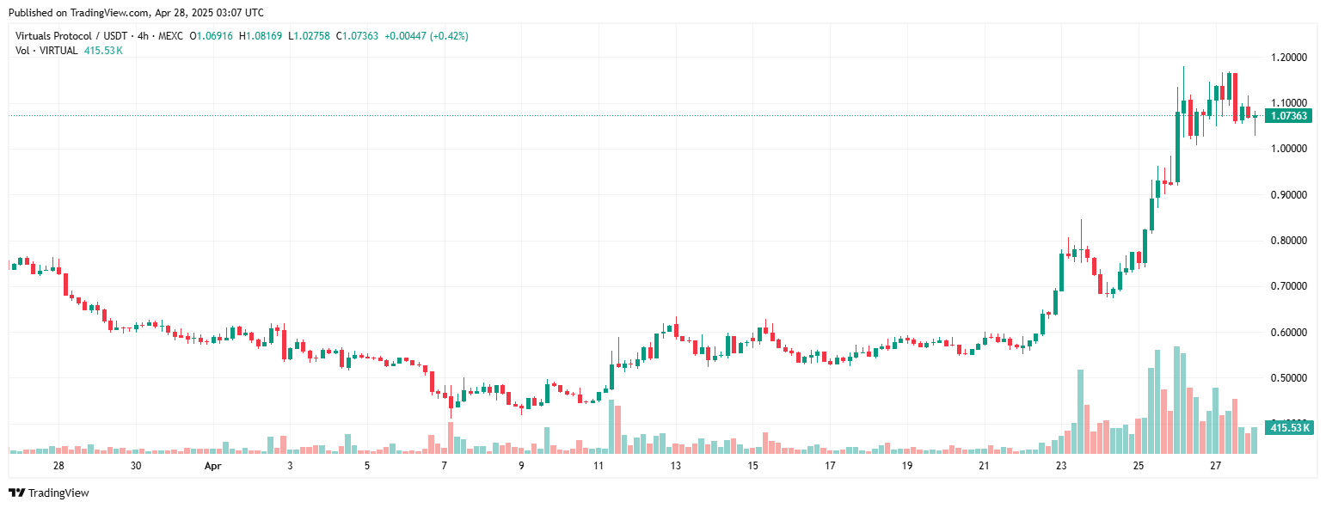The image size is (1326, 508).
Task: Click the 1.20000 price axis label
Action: [1288, 58]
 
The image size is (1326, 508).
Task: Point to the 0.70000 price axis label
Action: [1288, 286]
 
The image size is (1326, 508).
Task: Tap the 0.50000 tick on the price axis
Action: [1288, 378]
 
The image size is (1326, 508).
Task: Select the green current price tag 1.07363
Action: [1288, 116]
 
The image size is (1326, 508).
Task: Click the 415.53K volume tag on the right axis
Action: [1289, 427]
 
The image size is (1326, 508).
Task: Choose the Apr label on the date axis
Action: [213, 466]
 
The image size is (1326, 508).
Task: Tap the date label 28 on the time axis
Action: [58, 466]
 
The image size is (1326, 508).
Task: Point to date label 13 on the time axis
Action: [676, 466]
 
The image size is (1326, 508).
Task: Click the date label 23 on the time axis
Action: [1061, 466]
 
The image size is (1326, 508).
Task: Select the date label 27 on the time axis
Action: [1216, 466]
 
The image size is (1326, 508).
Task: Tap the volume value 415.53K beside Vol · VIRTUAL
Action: [103, 51]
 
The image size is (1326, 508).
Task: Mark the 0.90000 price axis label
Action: [1288, 195]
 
